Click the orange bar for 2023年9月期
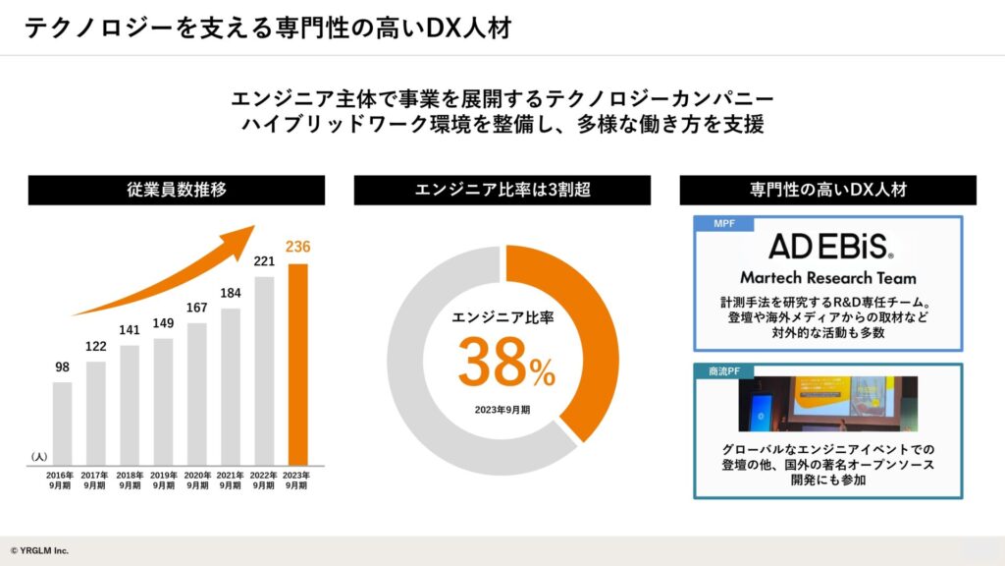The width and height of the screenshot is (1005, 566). tap(296, 364)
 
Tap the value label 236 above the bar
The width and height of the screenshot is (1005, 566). tap(296, 247)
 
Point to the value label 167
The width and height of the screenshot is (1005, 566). tap(196, 308)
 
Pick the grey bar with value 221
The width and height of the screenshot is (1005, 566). tap(263, 369)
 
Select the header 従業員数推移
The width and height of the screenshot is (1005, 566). tap(177, 190)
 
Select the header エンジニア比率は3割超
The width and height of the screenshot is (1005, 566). tap(502, 190)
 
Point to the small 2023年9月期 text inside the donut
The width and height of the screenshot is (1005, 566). tap(502, 409)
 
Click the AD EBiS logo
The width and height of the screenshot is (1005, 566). tap(829, 246)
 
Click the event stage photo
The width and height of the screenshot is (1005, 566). tap(828, 404)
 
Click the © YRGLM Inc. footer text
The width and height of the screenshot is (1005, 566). tap(40, 550)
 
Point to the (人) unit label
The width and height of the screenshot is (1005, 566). tap(39, 457)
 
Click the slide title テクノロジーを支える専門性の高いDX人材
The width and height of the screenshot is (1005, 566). tap(267, 28)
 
